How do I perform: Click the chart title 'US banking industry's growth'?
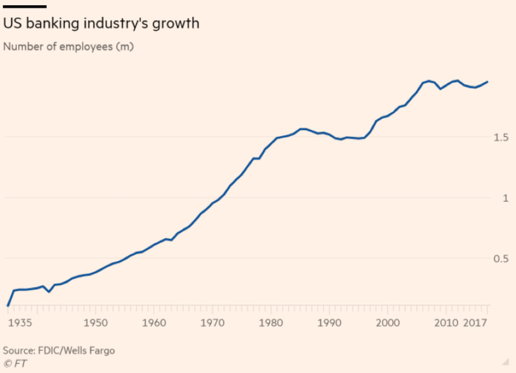(x=101, y=24)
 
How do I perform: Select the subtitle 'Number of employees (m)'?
(x=68, y=47)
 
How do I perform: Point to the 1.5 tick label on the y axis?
(x=501, y=137)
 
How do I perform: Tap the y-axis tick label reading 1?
(x=505, y=198)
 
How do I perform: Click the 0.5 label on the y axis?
(x=501, y=259)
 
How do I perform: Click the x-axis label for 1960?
(x=154, y=323)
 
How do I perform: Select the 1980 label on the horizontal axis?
(x=271, y=323)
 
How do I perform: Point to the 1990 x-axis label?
(x=329, y=323)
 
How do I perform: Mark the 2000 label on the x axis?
(x=387, y=323)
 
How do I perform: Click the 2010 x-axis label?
(x=446, y=323)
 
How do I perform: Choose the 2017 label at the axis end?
(x=475, y=323)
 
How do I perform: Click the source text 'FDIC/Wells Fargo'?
(x=77, y=351)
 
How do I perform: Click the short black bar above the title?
(x=25, y=6)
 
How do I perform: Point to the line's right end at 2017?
(x=487, y=82)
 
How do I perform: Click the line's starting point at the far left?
(x=7, y=306)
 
